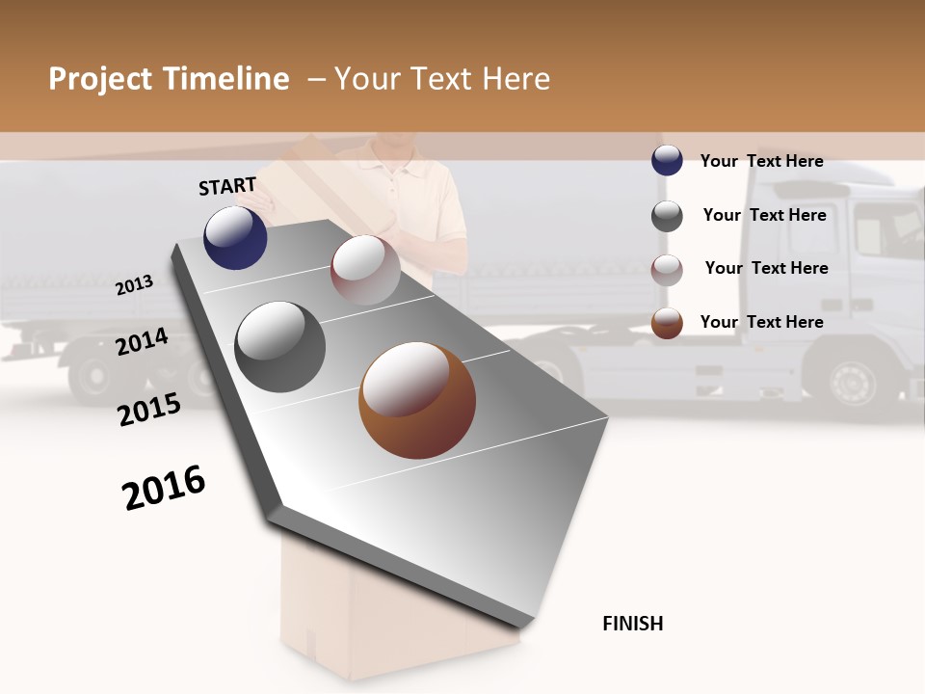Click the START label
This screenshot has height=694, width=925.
[x=227, y=186]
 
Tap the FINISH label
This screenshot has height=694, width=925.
[x=633, y=624]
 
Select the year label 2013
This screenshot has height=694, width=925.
[x=135, y=284]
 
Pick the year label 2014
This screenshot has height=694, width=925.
[x=143, y=341]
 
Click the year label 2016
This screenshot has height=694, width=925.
[x=164, y=488]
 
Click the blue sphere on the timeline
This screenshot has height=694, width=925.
[x=235, y=237]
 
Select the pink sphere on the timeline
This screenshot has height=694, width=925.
[x=365, y=270]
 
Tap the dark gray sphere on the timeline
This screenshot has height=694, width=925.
[x=280, y=347]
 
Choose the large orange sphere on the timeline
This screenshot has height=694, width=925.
[x=416, y=400]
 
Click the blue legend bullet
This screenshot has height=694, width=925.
[x=667, y=161]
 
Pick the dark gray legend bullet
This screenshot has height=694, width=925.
[x=667, y=216]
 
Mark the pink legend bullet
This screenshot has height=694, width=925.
[x=667, y=270]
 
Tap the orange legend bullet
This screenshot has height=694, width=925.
[x=667, y=323]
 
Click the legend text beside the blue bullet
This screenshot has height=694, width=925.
[x=761, y=161]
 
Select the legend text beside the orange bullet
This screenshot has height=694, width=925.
[x=761, y=322]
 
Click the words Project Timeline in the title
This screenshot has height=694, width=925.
[x=169, y=79]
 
